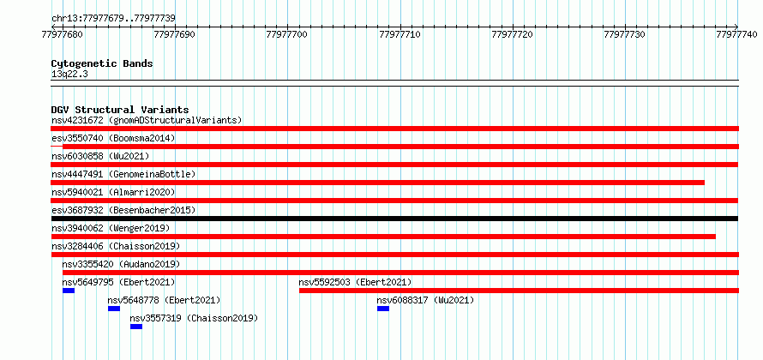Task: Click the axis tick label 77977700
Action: (287, 34)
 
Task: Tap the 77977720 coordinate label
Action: (513, 34)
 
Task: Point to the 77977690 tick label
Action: (175, 34)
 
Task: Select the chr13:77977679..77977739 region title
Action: (114, 19)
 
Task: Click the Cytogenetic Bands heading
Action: (102, 63)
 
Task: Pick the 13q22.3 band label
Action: (69, 75)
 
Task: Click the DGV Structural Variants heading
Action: (120, 110)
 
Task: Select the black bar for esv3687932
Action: (394, 219)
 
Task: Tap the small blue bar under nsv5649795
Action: (69, 291)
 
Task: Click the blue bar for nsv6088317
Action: (383, 309)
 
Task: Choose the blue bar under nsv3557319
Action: (136, 327)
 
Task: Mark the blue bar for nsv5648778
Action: (114, 309)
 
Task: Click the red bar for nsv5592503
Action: (519, 291)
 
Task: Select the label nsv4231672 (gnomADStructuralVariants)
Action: (147, 120)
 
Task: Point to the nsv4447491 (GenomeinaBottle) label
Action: (123, 174)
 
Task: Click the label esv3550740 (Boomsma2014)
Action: (113, 138)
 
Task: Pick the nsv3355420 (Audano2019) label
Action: (121, 264)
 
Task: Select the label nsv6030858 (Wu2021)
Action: (100, 156)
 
